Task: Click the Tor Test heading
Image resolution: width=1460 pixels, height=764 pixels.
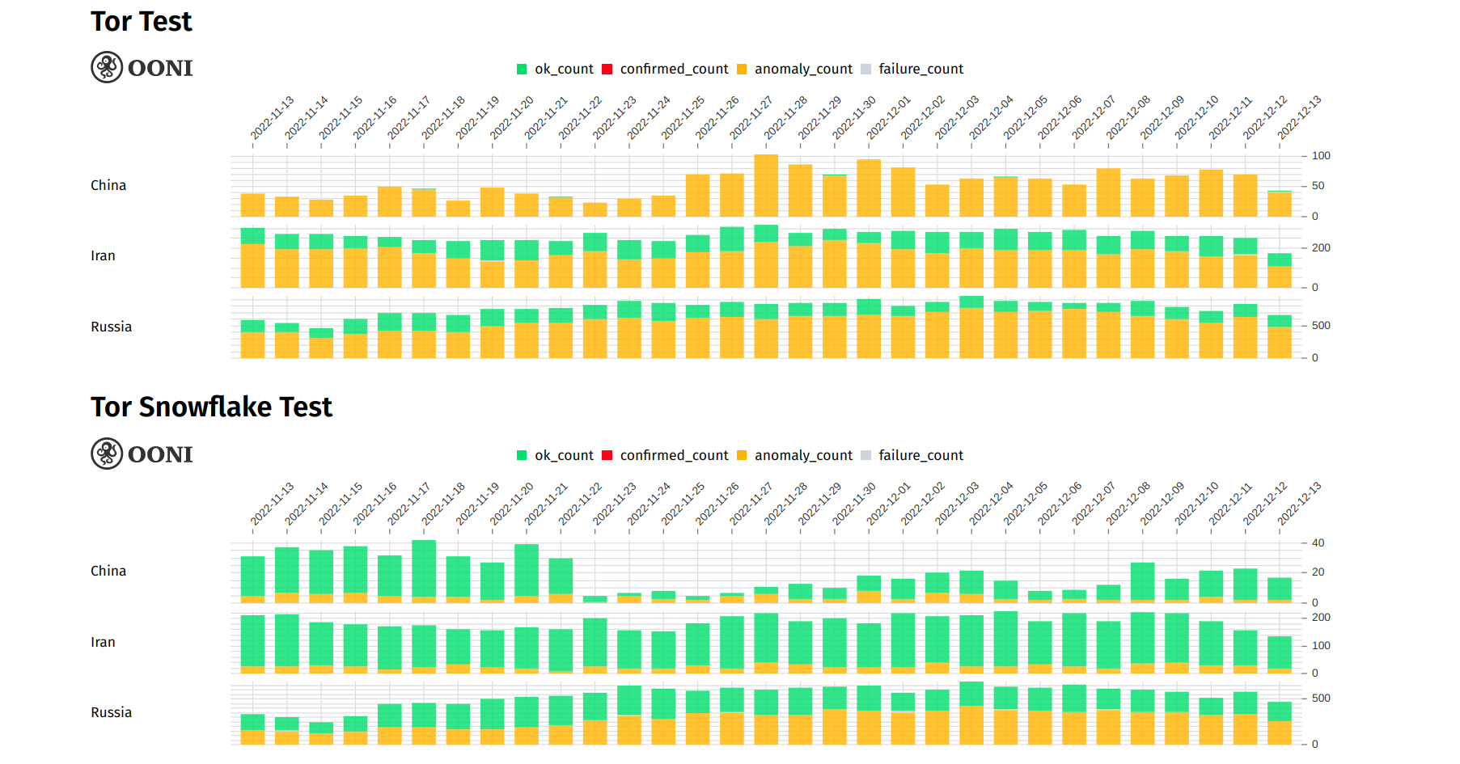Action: point(141,22)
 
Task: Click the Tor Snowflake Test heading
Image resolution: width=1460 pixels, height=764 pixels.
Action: point(211,407)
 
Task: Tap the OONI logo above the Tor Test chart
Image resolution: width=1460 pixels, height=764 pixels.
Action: point(142,68)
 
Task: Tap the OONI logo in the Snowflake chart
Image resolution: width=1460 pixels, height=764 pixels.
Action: point(142,454)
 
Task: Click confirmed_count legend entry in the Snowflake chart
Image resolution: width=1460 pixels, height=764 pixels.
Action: point(665,456)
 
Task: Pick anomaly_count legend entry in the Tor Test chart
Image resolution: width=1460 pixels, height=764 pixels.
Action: point(794,70)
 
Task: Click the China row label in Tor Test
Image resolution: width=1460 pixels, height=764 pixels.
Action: point(108,186)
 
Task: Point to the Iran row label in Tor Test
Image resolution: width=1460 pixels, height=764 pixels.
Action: point(103,256)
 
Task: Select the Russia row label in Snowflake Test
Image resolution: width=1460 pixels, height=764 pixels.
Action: point(111,713)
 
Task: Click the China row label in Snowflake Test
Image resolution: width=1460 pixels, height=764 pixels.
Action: point(108,572)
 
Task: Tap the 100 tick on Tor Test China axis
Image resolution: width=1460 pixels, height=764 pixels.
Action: point(1320,156)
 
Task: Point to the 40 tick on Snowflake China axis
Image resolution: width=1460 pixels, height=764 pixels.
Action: point(1318,543)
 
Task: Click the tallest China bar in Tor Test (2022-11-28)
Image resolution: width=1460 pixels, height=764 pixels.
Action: point(766,186)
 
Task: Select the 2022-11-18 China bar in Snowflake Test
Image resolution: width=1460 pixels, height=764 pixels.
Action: point(424,571)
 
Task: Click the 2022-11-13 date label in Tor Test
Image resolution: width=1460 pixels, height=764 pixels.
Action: point(272,119)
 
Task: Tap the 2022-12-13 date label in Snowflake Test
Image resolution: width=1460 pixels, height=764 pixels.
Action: point(1299,504)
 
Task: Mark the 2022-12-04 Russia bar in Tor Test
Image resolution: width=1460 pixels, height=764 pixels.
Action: point(971,327)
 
